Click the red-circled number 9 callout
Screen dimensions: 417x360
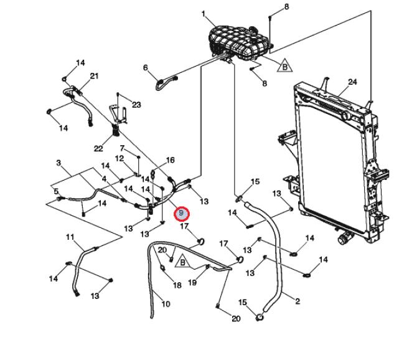point(181,214)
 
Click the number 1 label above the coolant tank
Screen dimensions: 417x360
point(204,14)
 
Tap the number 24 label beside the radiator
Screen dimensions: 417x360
point(352,82)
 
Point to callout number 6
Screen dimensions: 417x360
point(145,68)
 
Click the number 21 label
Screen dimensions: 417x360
point(94,76)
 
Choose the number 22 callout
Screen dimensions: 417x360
point(98,148)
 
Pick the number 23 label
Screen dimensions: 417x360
point(136,105)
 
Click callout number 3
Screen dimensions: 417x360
point(59,163)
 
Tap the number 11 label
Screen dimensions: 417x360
point(70,237)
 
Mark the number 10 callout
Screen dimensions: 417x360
point(166,304)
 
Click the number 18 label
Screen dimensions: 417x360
point(177,285)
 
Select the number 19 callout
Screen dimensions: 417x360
point(192,283)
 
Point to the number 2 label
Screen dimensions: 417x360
point(298,301)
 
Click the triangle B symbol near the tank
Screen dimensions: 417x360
point(284,66)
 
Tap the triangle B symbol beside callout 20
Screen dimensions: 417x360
point(182,262)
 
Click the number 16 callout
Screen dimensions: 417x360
point(170,160)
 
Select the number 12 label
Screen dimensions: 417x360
point(119,159)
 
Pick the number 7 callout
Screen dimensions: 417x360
point(122,148)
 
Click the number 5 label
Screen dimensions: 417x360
point(56,191)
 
